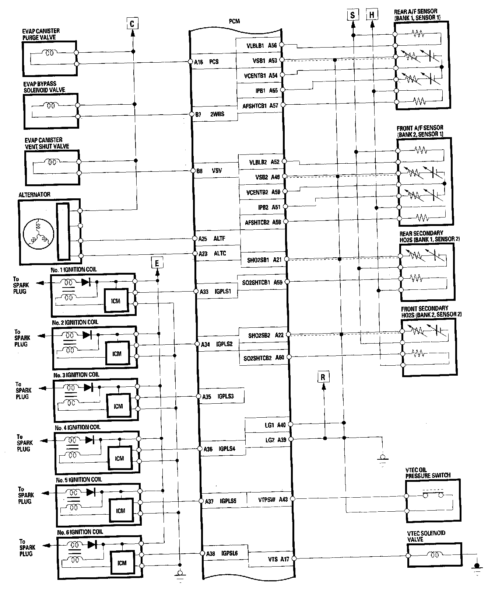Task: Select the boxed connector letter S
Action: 352,15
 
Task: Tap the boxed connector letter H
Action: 372,15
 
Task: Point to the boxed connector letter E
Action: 157,263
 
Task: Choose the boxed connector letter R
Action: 323,377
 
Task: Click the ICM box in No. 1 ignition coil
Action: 116,301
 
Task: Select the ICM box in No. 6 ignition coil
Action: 122,563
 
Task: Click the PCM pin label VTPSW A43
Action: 273,500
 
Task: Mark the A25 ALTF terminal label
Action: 212,239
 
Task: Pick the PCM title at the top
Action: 234,21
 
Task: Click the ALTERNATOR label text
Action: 34,195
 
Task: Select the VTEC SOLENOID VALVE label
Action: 426,536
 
